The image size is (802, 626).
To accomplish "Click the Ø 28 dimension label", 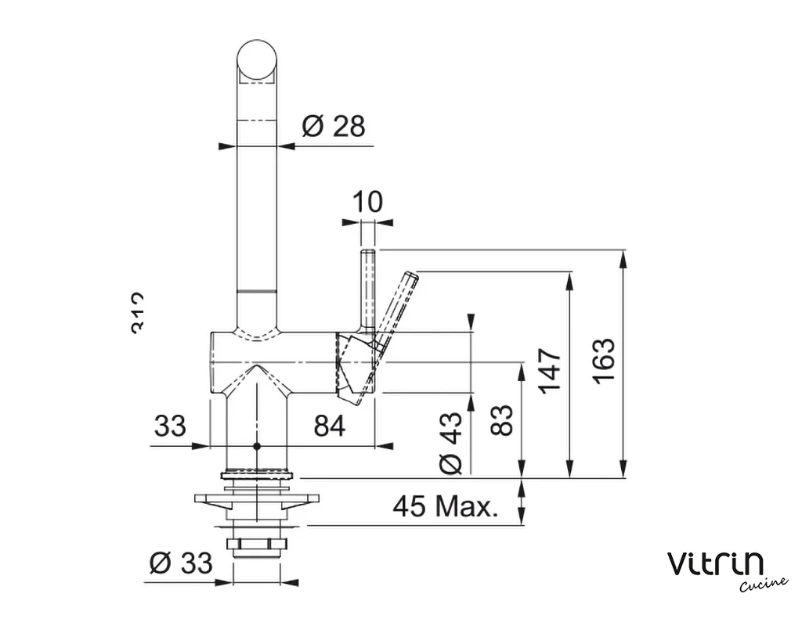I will [x=334, y=126].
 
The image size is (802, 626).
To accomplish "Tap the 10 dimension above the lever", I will [x=367, y=202].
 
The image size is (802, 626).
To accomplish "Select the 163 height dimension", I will [x=604, y=361].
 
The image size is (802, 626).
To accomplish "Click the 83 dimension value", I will [x=505, y=419].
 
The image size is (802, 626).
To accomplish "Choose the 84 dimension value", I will [x=330, y=426].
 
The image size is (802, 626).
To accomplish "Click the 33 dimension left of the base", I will [x=170, y=426].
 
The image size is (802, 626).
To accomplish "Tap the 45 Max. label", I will [x=445, y=508].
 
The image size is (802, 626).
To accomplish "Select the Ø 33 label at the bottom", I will [x=180, y=562].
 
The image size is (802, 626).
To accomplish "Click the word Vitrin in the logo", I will [x=716, y=563].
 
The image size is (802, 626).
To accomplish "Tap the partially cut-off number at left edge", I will [x=138, y=312].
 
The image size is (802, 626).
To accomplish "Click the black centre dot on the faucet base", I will [x=256, y=446].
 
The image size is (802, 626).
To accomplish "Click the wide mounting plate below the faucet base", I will [x=257, y=498].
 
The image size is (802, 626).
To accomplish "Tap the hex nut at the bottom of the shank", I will [x=256, y=545].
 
